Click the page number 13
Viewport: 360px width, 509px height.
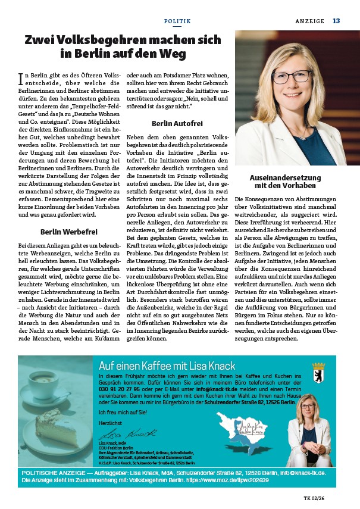click(x=336, y=21)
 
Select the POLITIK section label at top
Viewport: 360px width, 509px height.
click(x=177, y=21)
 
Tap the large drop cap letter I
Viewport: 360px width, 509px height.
click(x=21, y=78)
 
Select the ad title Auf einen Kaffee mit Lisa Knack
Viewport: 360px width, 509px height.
click(x=167, y=366)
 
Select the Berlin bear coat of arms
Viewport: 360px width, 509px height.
click(x=319, y=369)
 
